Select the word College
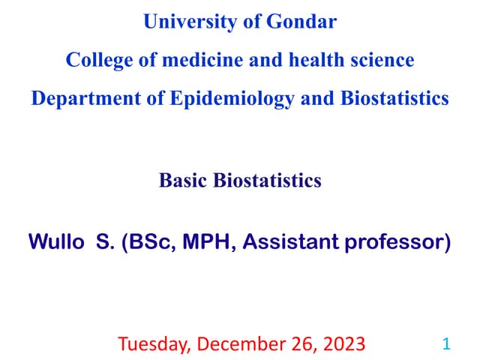96,60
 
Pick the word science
382,60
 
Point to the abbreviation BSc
145,243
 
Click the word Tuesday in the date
152,344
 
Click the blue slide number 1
446,344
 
